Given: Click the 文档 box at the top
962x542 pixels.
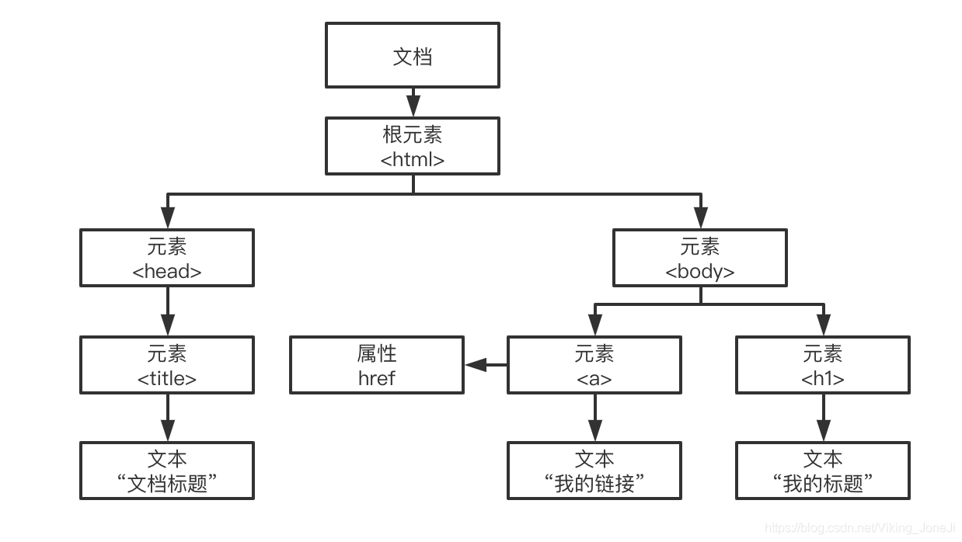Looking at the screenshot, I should click(x=412, y=55).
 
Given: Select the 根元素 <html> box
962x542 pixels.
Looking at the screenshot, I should click(x=412, y=146).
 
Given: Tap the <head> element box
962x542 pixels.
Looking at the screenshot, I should click(x=167, y=258).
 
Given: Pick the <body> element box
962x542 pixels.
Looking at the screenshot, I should click(x=699, y=258).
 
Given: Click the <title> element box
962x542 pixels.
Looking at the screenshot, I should click(x=167, y=365).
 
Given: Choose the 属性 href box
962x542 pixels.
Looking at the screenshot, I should click(x=377, y=365).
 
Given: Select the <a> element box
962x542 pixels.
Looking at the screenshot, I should click(x=594, y=365).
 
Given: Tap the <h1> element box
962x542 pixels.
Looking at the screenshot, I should click(x=823, y=365).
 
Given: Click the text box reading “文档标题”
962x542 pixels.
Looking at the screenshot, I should click(x=167, y=471).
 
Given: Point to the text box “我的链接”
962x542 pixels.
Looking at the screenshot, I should click(x=594, y=471).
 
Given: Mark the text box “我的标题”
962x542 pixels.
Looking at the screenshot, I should click(x=823, y=471).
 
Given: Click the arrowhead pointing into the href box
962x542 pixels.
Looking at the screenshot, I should click(x=475, y=365).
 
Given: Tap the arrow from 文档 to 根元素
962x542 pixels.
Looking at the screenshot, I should click(x=413, y=102).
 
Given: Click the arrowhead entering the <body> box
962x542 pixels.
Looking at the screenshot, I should click(x=700, y=221).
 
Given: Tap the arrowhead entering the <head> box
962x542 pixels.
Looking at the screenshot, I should click(x=167, y=221).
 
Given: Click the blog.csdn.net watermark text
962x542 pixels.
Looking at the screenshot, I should click(x=859, y=528).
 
